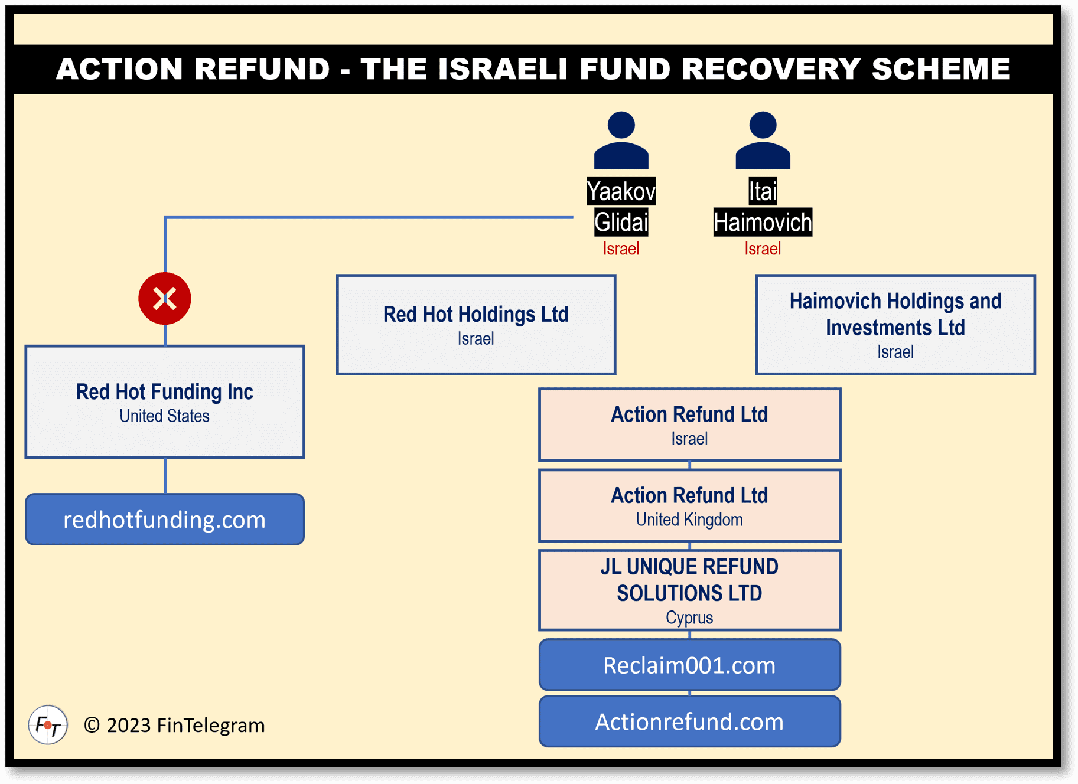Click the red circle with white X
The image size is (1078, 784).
(x=164, y=298)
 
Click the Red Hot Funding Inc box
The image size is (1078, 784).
(x=165, y=401)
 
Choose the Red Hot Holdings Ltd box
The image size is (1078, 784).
(x=476, y=324)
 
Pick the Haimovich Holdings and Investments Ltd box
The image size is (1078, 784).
(x=895, y=324)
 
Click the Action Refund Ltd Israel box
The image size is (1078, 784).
(x=689, y=424)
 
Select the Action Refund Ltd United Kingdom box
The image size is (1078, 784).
(x=689, y=505)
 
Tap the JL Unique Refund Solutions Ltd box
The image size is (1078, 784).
(x=689, y=590)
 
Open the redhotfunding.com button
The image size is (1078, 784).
(x=165, y=520)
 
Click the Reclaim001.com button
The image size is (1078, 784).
(x=689, y=665)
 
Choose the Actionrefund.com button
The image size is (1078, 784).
(x=689, y=721)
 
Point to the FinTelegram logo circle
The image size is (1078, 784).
(x=48, y=724)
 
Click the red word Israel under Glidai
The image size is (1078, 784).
(x=621, y=249)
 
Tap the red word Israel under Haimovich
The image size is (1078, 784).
(x=763, y=249)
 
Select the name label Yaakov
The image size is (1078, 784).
(x=621, y=191)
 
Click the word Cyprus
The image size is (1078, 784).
(x=689, y=618)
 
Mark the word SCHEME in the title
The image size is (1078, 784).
(x=941, y=68)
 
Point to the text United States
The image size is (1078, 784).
(x=164, y=416)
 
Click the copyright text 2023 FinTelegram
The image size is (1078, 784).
(x=175, y=725)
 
